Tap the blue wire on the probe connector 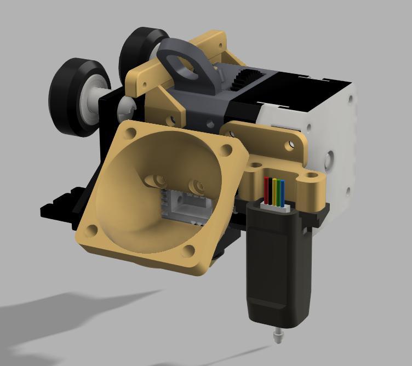coord(282,191)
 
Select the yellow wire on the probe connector coord(274,190)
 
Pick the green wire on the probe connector coord(278,191)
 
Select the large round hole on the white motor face coord(330,159)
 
